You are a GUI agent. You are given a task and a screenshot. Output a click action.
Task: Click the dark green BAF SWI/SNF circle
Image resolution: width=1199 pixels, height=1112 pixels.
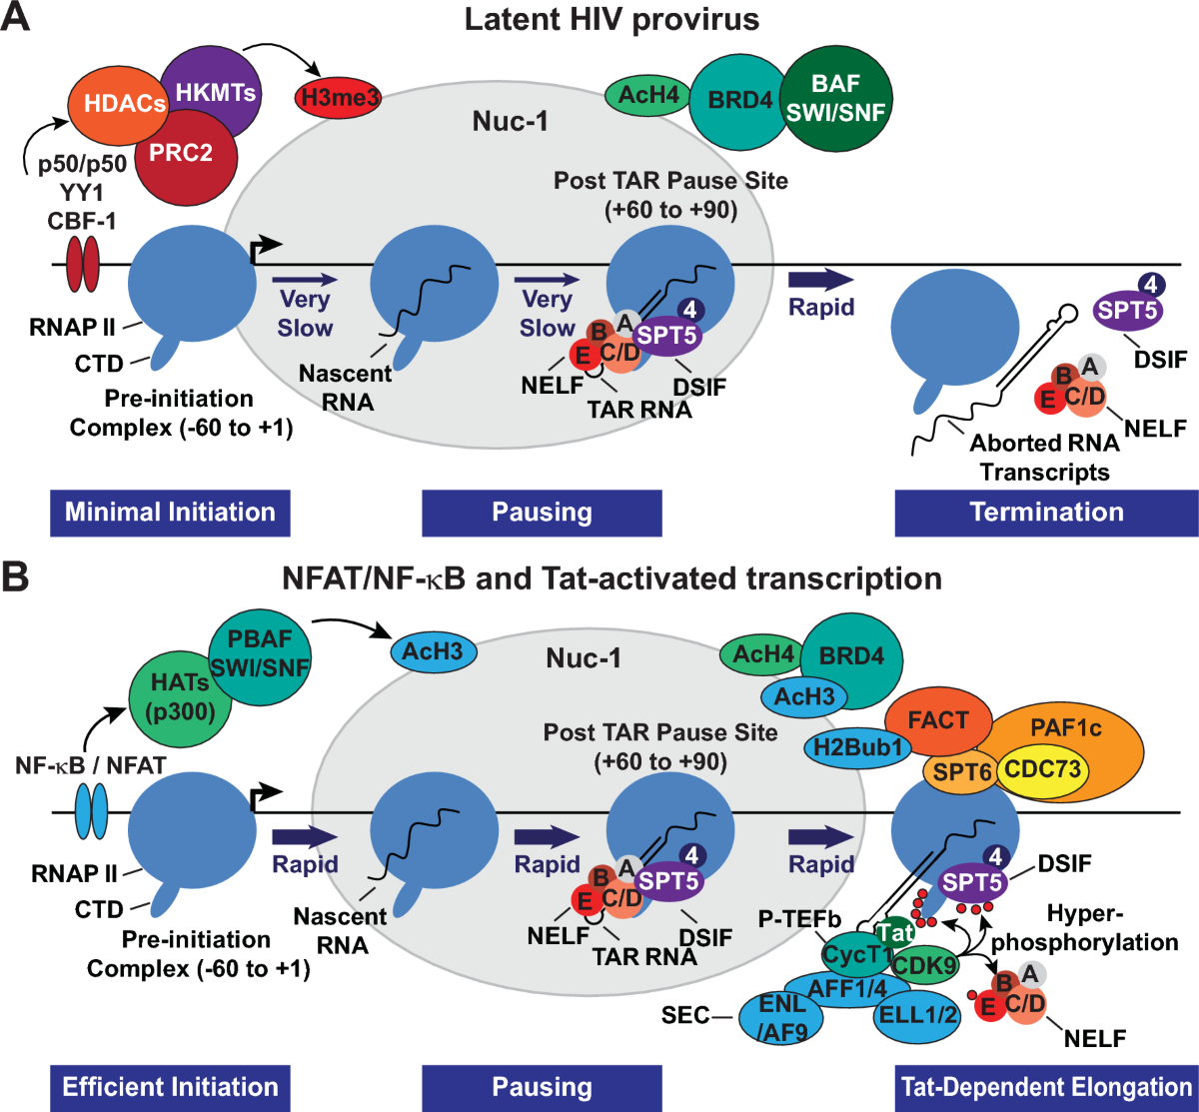(835, 98)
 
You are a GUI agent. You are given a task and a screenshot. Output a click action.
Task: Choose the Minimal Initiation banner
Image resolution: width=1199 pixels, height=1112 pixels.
(170, 513)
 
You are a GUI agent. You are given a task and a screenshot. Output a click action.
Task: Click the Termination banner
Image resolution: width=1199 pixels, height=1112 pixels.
(1046, 513)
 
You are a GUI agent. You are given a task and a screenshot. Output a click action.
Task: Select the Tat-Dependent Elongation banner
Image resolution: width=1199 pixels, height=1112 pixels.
(1046, 1087)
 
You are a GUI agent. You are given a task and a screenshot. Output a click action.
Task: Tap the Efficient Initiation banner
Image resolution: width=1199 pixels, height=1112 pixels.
(170, 1087)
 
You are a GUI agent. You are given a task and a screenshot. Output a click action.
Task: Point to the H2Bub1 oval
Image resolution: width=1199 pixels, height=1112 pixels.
(856, 746)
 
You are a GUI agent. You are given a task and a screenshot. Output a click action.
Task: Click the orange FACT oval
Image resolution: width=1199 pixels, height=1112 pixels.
(938, 720)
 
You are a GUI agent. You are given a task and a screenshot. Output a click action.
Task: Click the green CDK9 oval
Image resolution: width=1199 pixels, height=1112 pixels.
(924, 965)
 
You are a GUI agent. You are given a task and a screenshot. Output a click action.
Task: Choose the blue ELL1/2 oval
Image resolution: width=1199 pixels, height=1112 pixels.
(916, 1015)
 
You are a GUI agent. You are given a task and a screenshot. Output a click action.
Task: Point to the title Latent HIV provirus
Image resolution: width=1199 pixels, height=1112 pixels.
(611, 19)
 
